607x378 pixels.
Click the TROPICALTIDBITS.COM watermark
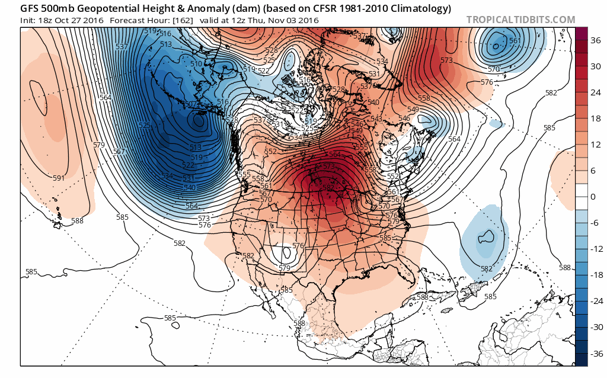click(520, 20)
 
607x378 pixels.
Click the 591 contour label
click(59, 178)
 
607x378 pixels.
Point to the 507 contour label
click(190, 104)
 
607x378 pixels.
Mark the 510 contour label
click(195, 63)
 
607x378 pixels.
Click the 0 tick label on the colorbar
click(592, 196)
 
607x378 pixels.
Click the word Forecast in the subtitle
click(126, 20)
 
